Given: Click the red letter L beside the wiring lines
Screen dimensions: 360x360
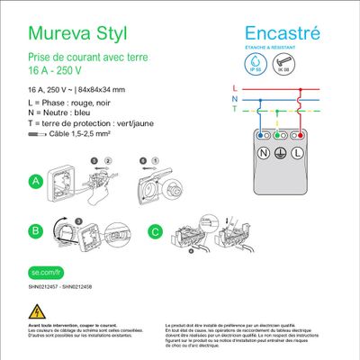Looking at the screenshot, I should pyautogui.click(x=234, y=88).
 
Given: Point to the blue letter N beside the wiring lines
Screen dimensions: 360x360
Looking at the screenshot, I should pyautogui.click(x=234, y=98).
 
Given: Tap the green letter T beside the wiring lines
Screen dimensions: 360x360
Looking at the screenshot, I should pyautogui.click(x=234, y=109).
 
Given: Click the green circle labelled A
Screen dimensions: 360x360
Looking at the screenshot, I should pyautogui.click(x=36, y=182).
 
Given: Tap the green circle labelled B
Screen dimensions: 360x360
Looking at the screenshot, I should pyautogui.click(x=36, y=230).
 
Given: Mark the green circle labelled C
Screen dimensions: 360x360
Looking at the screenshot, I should pyautogui.click(x=155, y=230).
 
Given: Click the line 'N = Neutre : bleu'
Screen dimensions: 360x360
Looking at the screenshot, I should pyautogui.click(x=63, y=114).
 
